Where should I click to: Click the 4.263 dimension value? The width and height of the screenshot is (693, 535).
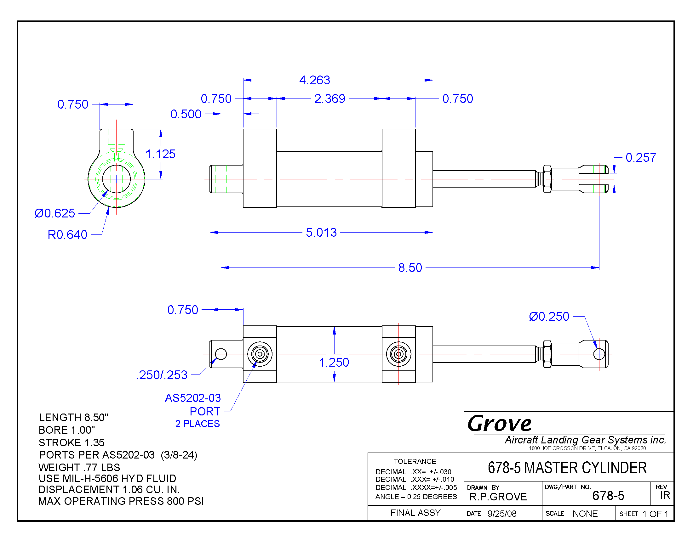coord(314,80)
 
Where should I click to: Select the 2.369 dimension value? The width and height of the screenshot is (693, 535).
coord(330,99)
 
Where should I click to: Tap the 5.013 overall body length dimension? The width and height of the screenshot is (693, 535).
coord(321,233)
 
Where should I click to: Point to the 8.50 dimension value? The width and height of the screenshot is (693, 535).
coord(410,268)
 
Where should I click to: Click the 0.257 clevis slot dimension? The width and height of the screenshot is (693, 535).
coord(641,158)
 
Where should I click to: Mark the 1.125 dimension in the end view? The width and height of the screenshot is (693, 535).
coord(160,154)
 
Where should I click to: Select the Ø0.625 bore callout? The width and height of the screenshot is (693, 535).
coord(55,213)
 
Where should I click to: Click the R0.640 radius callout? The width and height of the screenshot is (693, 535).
coord(67,235)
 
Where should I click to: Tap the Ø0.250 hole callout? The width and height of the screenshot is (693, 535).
coord(549,317)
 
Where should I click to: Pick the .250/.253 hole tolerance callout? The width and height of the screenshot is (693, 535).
coord(162,375)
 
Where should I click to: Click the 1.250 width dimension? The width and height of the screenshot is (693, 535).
coord(334,363)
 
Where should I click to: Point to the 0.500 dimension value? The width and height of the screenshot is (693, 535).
coord(186,114)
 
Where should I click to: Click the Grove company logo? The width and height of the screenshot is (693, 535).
coord(500,423)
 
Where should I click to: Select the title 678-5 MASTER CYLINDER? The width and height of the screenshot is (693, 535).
coord(567,468)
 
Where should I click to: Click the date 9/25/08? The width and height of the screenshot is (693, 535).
coord(502,514)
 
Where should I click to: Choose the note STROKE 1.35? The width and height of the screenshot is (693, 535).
coord(72,442)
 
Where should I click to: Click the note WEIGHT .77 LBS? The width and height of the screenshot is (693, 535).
coord(79,467)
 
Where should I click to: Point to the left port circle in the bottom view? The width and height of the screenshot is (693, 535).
coord(260,354)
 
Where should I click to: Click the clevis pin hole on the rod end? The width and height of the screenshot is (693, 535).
coord(599,354)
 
